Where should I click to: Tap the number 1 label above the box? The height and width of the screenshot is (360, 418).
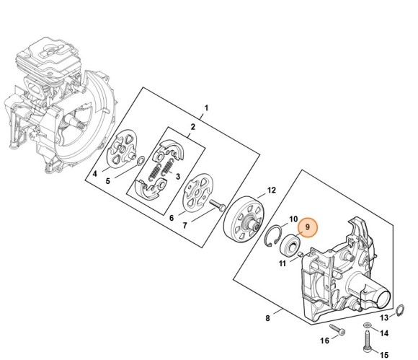(x=206, y=109)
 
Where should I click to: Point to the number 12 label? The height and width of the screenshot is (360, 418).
(x=272, y=191)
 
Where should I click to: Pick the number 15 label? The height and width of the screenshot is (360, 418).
(x=383, y=354)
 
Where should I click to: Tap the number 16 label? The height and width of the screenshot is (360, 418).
(x=324, y=341)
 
